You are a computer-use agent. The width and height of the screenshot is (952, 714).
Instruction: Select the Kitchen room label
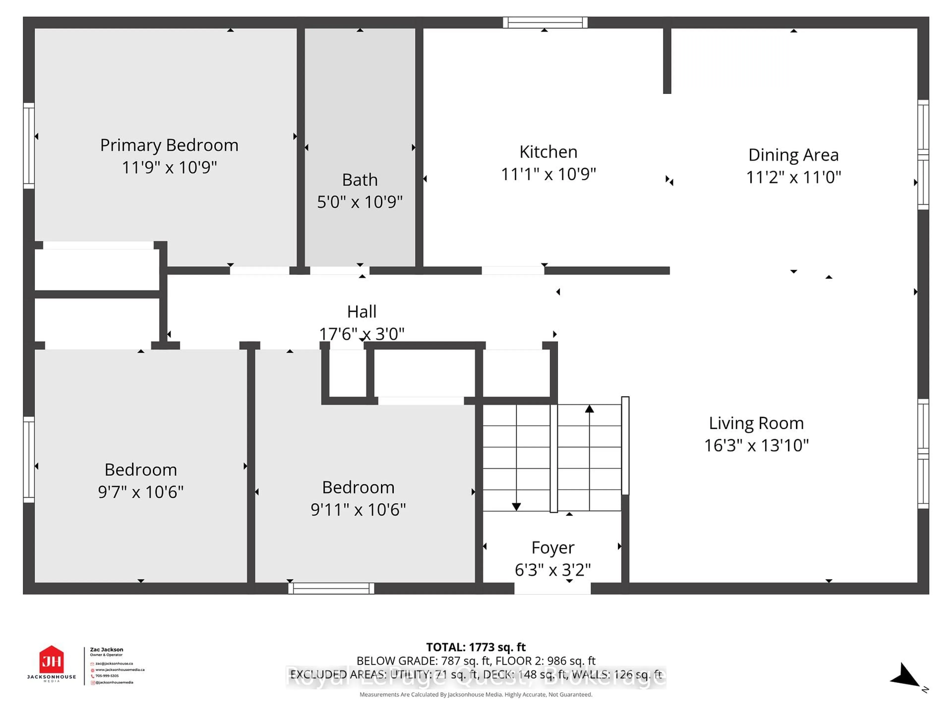(x=548, y=152)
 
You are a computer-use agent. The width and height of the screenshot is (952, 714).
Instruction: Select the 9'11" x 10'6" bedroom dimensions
(x=358, y=509)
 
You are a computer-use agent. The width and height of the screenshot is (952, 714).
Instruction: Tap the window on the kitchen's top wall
(x=545, y=22)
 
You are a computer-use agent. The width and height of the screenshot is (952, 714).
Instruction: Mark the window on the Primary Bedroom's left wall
(x=29, y=146)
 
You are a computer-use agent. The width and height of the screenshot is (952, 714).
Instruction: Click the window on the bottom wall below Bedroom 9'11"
(x=331, y=588)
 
